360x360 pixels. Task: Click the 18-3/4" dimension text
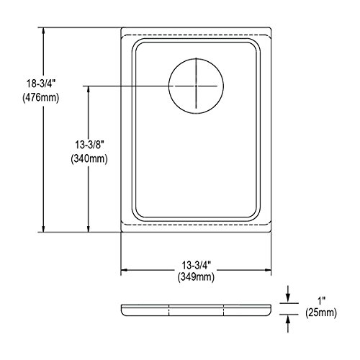pyautogui.click(x=41, y=84)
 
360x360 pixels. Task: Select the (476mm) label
pyautogui.click(x=41, y=98)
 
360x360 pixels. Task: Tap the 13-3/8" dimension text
pyautogui.click(x=89, y=145)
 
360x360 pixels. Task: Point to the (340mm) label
pyautogui.click(x=89, y=158)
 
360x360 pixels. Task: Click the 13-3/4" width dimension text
pyautogui.click(x=196, y=266)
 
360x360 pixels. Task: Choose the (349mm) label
pyautogui.click(x=196, y=277)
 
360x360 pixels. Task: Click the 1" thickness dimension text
pyautogui.click(x=322, y=300)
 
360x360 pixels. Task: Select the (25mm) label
pyautogui.click(x=321, y=313)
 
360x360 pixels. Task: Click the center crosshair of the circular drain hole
pyautogui.click(x=197, y=86)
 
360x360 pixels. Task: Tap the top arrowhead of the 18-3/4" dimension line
pyautogui.click(x=43, y=31)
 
